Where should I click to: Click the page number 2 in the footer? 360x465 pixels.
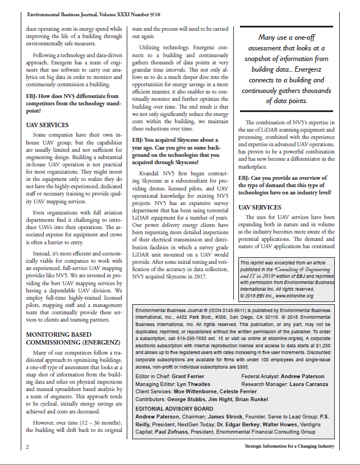(27, 447)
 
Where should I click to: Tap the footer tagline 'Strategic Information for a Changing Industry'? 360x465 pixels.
(289, 447)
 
